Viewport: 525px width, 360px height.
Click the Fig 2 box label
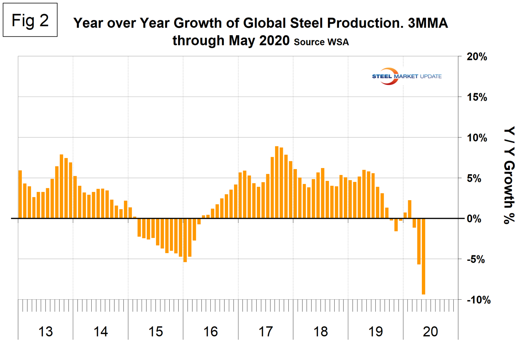click(30, 20)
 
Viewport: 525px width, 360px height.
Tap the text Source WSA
click(321, 42)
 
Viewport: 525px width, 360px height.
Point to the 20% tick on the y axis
click(477, 57)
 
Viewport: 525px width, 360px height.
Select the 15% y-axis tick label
click(477, 97)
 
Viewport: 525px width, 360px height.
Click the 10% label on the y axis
click(477, 138)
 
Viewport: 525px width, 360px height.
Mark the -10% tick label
click(478, 300)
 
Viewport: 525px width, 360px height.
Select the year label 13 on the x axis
click(45, 332)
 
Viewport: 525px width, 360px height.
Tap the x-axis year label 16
click(211, 332)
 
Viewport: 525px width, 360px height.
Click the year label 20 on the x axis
click(430, 332)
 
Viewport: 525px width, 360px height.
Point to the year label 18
click(321, 332)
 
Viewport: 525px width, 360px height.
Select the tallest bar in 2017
click(277, 182)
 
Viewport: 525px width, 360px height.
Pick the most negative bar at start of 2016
click(185, 240)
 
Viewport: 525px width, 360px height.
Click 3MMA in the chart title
click(428, 23)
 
